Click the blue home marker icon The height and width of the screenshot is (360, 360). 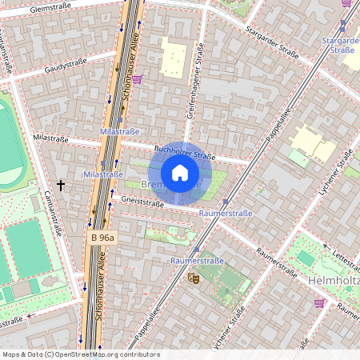coord(180,173)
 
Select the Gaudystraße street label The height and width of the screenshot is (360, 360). coord(67,70)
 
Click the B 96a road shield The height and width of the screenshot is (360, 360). coord(102,238)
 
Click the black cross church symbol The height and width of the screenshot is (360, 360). coord(61,184)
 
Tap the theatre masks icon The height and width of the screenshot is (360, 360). coord(192,278)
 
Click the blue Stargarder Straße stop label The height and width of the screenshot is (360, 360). coord(339,45)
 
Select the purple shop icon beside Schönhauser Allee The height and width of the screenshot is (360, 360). coord(138,78)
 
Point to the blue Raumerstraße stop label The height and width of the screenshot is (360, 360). coord(198,261)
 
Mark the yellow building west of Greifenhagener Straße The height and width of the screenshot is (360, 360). coord(174,58)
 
